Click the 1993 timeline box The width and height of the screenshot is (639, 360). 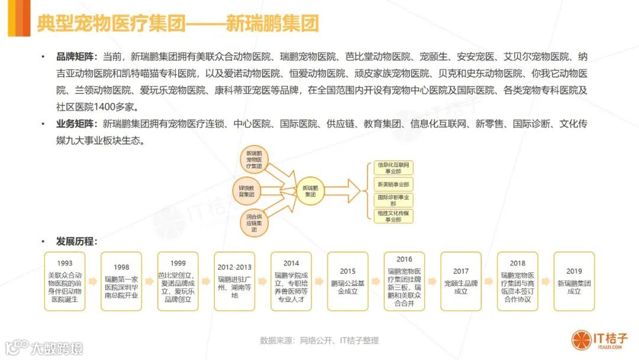65,282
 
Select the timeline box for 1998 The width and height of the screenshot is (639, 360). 121,282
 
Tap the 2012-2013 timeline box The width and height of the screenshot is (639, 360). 234,282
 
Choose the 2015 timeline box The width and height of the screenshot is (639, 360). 348,282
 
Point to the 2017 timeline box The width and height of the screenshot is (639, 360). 461,282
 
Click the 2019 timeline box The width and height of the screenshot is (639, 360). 574,282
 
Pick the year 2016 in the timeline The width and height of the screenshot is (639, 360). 404,259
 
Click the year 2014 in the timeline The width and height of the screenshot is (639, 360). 291,263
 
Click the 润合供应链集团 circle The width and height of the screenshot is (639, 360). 254,223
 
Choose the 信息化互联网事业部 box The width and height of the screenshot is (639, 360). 393,168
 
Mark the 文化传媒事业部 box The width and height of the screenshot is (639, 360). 393,216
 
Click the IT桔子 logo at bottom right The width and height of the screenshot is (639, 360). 598,340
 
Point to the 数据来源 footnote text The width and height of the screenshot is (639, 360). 319,340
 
